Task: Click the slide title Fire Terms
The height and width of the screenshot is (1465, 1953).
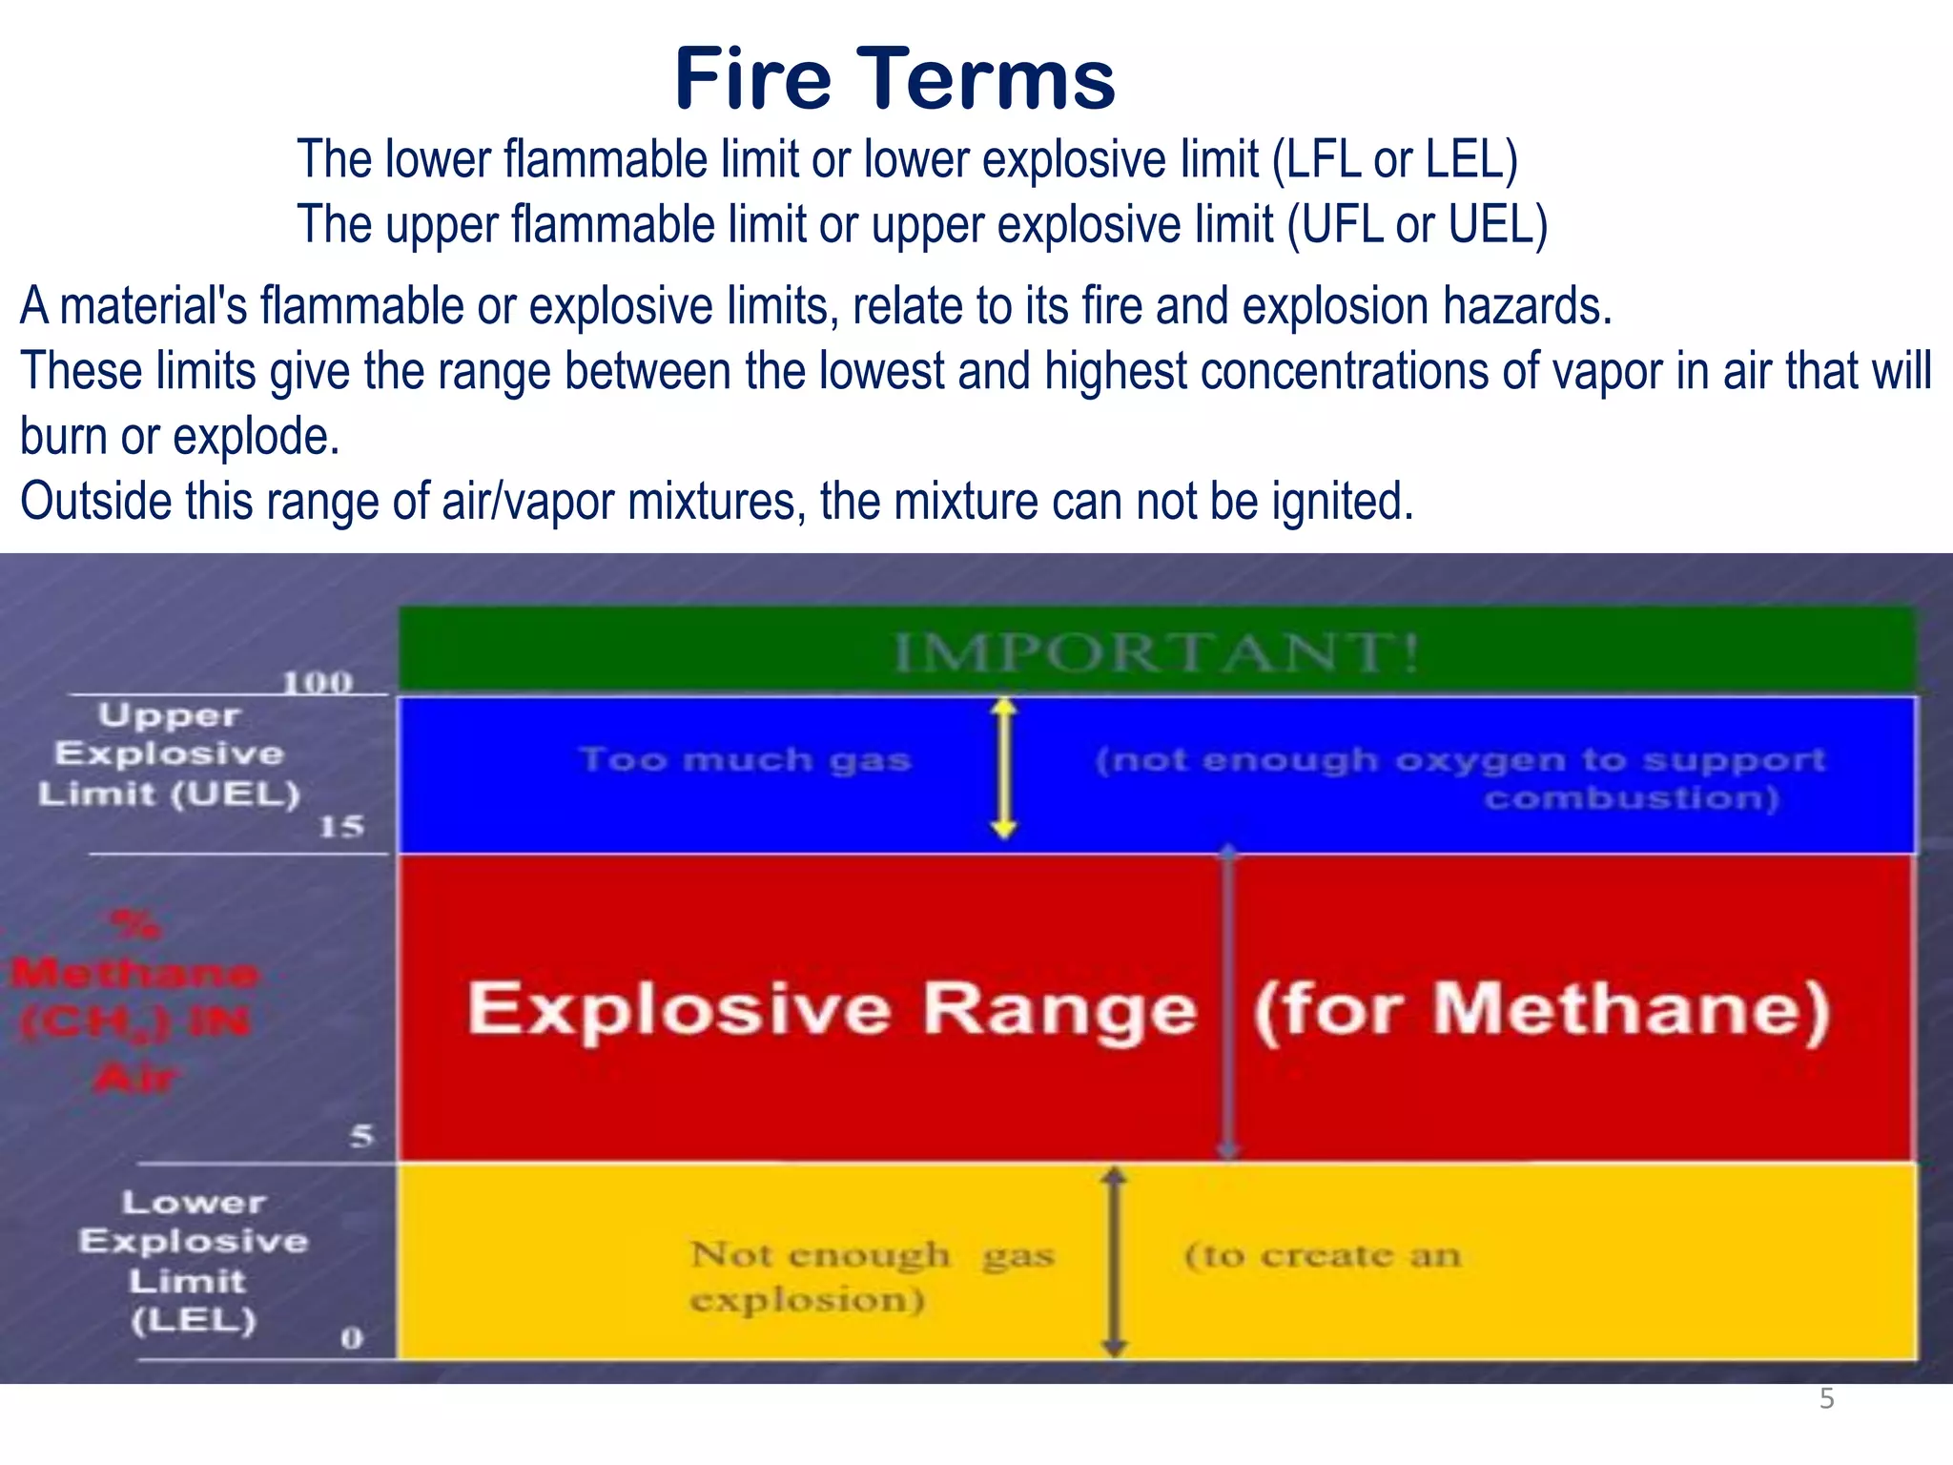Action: [x=894, y=80]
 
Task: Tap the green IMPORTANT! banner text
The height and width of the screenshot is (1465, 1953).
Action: [x=1156, y=653]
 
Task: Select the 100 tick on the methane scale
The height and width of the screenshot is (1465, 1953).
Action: [x=317, y=682]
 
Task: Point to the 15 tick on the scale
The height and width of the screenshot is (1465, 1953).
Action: [x=341, y=826]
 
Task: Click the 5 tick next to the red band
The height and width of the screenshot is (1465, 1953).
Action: [x=361, y=1136]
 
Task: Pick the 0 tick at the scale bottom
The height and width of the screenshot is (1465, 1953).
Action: [x=352, y=1337]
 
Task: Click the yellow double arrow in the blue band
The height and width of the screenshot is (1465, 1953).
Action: [x=1003, y=768]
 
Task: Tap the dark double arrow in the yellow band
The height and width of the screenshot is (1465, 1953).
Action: [x=1114, y=1261]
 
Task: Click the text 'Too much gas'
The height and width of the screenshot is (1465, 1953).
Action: [x=745, y=760]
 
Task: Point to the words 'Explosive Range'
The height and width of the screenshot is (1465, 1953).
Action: [x=832, y=1009]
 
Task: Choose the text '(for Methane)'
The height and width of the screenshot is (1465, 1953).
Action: [x=1541, y=1009]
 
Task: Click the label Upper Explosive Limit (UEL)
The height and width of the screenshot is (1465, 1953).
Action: [x=170, y=753]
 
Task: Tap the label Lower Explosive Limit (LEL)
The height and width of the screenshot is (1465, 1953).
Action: [x=194, y=1261]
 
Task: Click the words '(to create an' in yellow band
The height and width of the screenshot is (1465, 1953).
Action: [x=1322, y=1255]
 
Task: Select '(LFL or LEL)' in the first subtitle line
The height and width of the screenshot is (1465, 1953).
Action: [x=1394, y=159]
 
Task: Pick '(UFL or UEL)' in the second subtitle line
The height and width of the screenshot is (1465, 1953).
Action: [x=1416, y=224]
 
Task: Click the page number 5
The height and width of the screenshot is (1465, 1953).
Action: [x=1826, y=1399]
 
